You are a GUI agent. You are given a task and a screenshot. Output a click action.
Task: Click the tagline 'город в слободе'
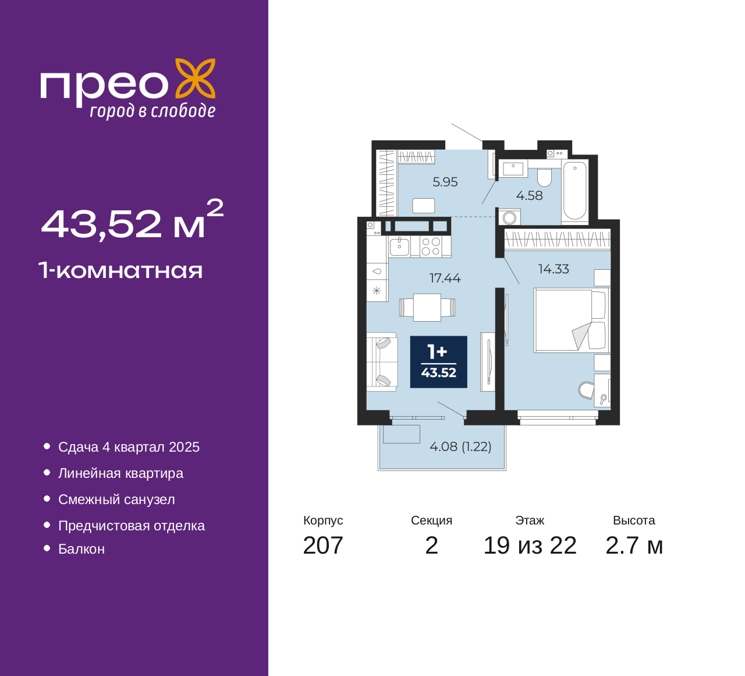[152, 111]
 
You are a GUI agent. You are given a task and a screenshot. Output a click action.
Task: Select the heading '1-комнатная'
[120, 270]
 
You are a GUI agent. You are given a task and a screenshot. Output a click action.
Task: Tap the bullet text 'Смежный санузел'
[116, 499]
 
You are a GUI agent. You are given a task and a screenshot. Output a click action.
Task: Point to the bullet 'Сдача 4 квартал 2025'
[129, 447]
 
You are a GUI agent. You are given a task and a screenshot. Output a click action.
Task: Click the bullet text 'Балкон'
[81, 549]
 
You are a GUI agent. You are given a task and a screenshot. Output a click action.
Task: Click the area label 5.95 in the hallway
[445, 182]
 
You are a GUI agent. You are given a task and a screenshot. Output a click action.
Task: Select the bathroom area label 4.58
[529, 196]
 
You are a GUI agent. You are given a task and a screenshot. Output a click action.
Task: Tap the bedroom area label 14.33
[553, 269]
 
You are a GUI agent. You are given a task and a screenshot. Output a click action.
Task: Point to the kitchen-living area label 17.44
[445, 278]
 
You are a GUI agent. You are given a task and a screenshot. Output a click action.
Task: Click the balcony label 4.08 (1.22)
[460, 446]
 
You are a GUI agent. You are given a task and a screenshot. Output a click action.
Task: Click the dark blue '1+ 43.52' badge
[438, 362]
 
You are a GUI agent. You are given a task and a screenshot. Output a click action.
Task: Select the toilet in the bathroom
[544, 175]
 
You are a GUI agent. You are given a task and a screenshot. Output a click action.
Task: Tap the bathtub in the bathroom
[575, 191]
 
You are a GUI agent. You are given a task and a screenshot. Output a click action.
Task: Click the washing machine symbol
[510, 218]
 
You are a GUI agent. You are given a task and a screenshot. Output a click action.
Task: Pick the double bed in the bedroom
[570, 321]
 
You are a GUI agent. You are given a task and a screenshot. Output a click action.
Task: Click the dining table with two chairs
[427, 307]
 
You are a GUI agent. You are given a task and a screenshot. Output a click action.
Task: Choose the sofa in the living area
[381, 361]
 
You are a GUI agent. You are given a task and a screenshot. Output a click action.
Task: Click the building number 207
[323, 545]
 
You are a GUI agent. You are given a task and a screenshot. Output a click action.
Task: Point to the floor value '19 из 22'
[530, 545]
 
